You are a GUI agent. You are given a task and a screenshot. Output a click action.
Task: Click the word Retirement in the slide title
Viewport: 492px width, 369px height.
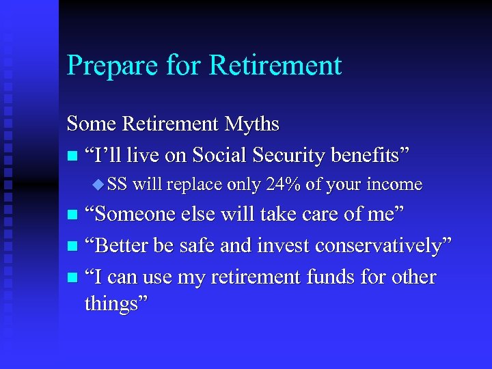[275, 66]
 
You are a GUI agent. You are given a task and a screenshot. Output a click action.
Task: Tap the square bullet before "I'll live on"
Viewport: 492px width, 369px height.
[72, 156]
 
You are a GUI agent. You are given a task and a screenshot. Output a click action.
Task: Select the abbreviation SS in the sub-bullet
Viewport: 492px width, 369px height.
[117, 184]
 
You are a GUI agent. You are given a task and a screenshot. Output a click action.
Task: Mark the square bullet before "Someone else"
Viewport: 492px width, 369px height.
[72, 215]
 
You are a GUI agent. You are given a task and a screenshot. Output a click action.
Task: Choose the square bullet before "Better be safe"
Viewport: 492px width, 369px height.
[72, 247]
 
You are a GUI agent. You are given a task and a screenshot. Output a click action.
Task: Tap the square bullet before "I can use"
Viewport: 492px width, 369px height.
[72, 278]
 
